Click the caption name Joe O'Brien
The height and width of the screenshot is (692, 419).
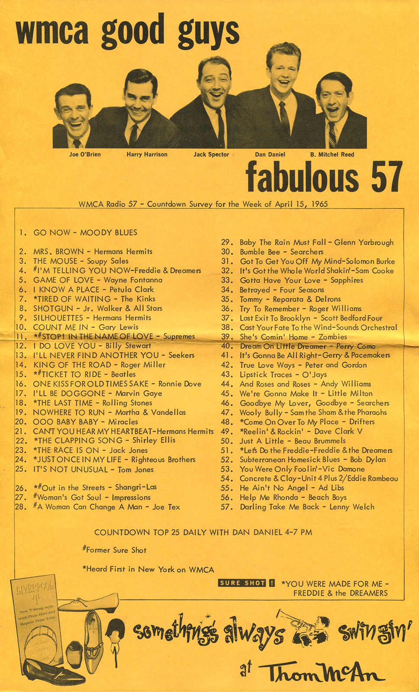click(85, 154)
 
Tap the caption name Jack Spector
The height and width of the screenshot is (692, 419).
click(211, 154)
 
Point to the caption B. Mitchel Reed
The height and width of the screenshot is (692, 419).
click(332, 154)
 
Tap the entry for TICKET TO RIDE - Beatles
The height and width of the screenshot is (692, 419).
click(84, 375)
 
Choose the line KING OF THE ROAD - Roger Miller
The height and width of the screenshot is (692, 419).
click(99, 365)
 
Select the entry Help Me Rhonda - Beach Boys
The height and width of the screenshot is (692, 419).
click(293, 497)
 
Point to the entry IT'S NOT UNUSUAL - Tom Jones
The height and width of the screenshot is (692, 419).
click(93, 470)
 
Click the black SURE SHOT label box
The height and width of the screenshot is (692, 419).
click(242, 583)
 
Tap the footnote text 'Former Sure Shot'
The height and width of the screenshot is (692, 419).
click(115, 550)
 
